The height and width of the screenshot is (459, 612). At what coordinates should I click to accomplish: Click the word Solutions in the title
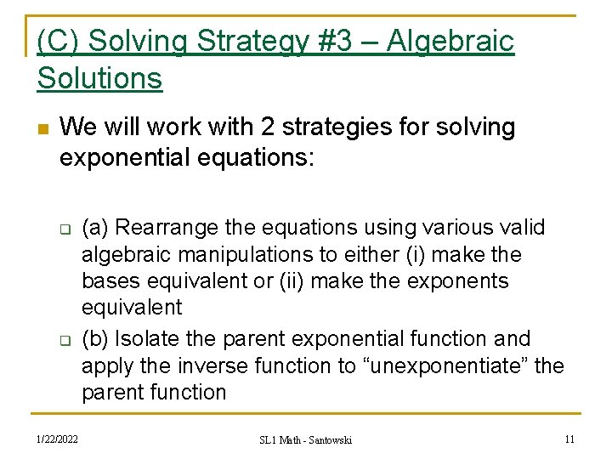coord(99,78)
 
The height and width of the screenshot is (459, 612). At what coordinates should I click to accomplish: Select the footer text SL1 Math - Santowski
coord(305,439)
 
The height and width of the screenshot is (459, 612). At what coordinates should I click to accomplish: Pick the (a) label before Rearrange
coord(95,228)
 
